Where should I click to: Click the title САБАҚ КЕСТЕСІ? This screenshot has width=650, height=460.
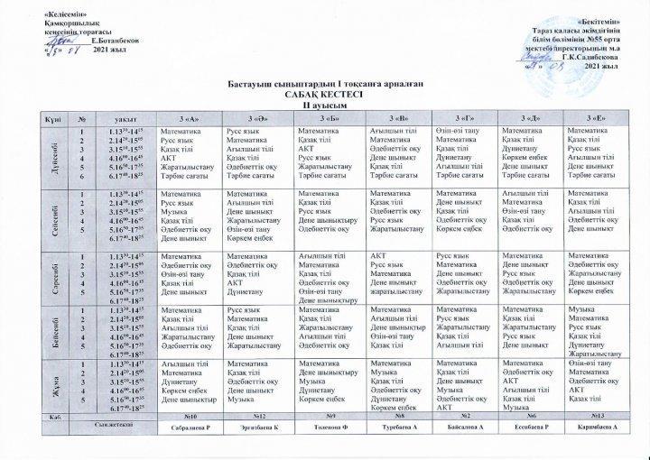tap(324, 94)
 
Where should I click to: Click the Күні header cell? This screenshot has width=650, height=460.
tap(57, 120)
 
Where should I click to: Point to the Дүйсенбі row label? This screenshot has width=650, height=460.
tap(57, 154)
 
